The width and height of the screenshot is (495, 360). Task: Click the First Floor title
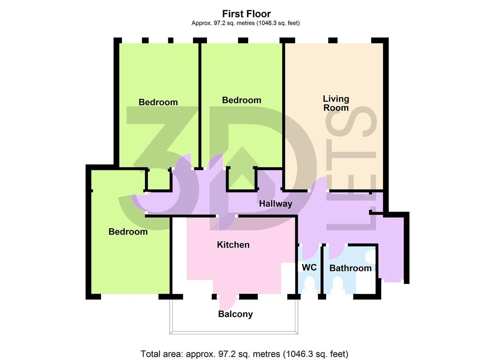[x=246, y=14]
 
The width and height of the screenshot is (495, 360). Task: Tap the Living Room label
[x=336, y=103]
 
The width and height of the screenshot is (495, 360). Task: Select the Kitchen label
[x=233, y=245]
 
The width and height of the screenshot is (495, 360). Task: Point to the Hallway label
[x=276, y=204]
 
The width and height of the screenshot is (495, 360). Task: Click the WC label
[x=309, y=268]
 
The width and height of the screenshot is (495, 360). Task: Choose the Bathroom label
[x=351, y=268]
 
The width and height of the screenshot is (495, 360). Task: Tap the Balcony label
[x=236, y=314]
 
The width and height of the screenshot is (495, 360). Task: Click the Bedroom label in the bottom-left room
[x=128, y=232]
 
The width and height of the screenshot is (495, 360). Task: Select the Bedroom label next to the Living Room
[x=242, y=100]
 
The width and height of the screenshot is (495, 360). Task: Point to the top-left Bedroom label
[x=158, y=102]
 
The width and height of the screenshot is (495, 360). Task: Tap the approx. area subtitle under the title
[x=245, y=23]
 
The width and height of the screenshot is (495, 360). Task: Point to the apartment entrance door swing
[x=392, y=274]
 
